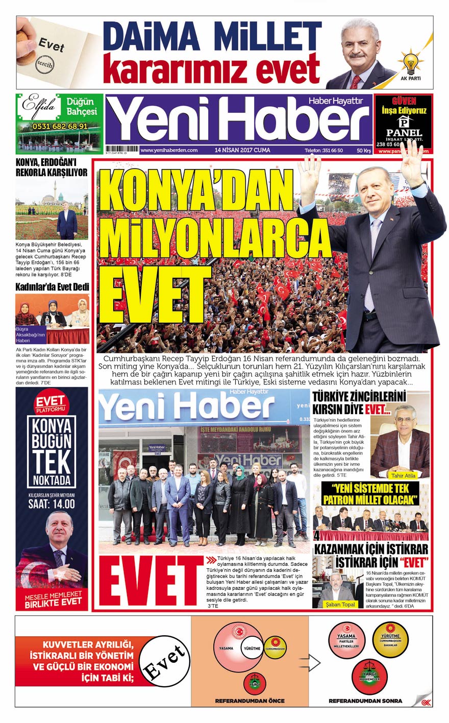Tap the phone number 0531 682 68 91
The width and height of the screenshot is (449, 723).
point(60,126)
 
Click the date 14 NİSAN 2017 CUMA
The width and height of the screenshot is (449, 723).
point(242,150)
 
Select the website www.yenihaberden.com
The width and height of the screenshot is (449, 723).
point(169,150)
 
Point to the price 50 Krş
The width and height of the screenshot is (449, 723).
point(363,151)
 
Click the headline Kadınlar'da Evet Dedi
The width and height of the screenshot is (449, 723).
point(53,287)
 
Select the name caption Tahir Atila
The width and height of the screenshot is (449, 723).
point(404,475)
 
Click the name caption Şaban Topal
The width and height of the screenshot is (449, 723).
point(340,605)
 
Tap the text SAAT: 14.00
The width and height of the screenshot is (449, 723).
point(52,503)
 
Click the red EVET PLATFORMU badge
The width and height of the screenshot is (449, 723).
point(51,404)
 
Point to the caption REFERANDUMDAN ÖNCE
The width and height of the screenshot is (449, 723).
point(250,700)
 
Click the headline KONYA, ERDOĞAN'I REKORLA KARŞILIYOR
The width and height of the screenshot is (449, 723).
point(52,168)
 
